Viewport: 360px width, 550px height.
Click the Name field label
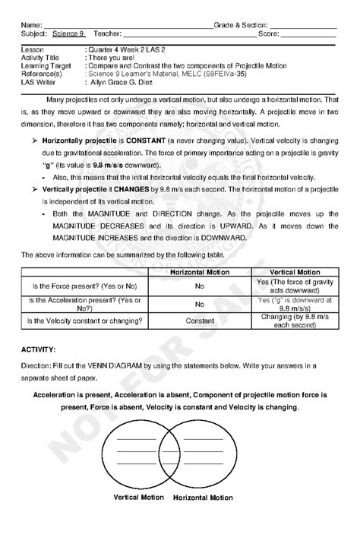click(x=31, y=26)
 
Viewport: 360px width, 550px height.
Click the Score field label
click(x=268, y=34)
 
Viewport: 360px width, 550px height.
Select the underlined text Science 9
click(x=68, y=34)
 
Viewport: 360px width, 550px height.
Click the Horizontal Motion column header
click(x=199, y=271)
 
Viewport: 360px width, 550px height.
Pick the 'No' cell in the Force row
click(x=199, y=286)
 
